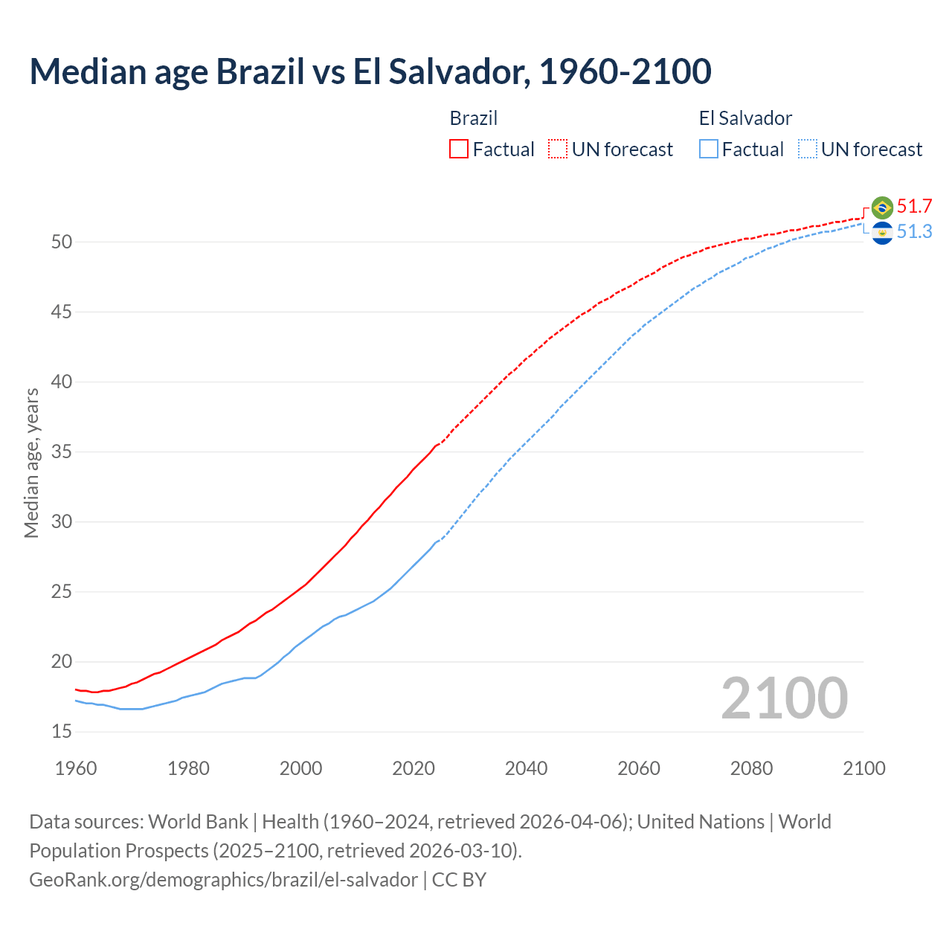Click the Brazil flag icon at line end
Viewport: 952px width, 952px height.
pyautogui.click(x=882, y=207)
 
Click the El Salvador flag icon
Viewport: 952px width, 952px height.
pyautogui.click(x=882, y=233)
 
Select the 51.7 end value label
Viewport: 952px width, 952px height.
pyautogui.click(x=914, y=206)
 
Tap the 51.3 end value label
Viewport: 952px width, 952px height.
pyautogui.click(x=914, y=232)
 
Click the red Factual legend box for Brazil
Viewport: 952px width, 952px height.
pyautogui.click(x=459, y=149)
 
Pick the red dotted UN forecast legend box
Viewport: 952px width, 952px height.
pyautogui.click(x=558, y=149)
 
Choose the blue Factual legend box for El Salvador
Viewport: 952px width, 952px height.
pyautogui.click(x=709, y=149)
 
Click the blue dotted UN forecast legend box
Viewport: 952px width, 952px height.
pyautogui.click(x=808, y=149)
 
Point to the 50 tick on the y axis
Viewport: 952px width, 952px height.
pyautogui.click(x=62, y=242)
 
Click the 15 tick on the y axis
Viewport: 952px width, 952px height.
pyautogui.click(x=62, y=732)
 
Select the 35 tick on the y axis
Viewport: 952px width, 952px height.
pyautogui.click(x=62, y=452)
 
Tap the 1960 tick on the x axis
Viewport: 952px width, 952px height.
pyautogui.click(x=76, y=768)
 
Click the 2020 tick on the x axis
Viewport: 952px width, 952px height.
pyautogui.click(x=413, y=768)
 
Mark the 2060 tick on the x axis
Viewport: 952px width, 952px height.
pyautogui.click(x=639, y=768)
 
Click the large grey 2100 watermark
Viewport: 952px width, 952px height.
pyautogui.click(x=784, y=698)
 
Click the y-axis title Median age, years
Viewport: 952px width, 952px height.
pyautogui.click(x=31, y=463)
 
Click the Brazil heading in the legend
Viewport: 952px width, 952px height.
pyautogui.click(x=474, y=118)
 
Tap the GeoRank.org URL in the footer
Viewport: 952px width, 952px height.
pyautogui.click(x=223, y=880)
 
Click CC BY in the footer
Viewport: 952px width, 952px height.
pyautogui.click(x=459, y=880)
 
